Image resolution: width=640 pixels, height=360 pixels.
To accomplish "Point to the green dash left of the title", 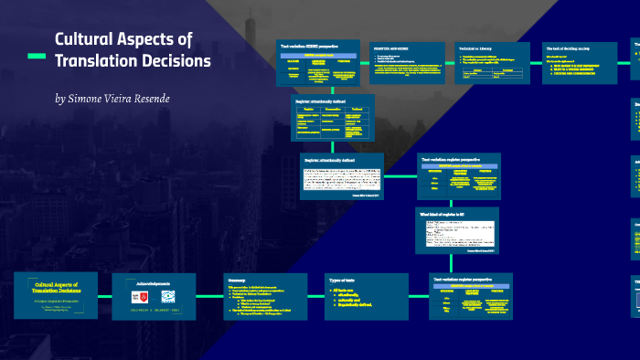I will tap(37, 57).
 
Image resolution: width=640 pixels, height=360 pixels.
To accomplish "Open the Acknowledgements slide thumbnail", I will tap(154, 294).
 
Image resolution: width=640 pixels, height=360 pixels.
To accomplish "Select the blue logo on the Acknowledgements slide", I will tap(168, 296).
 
